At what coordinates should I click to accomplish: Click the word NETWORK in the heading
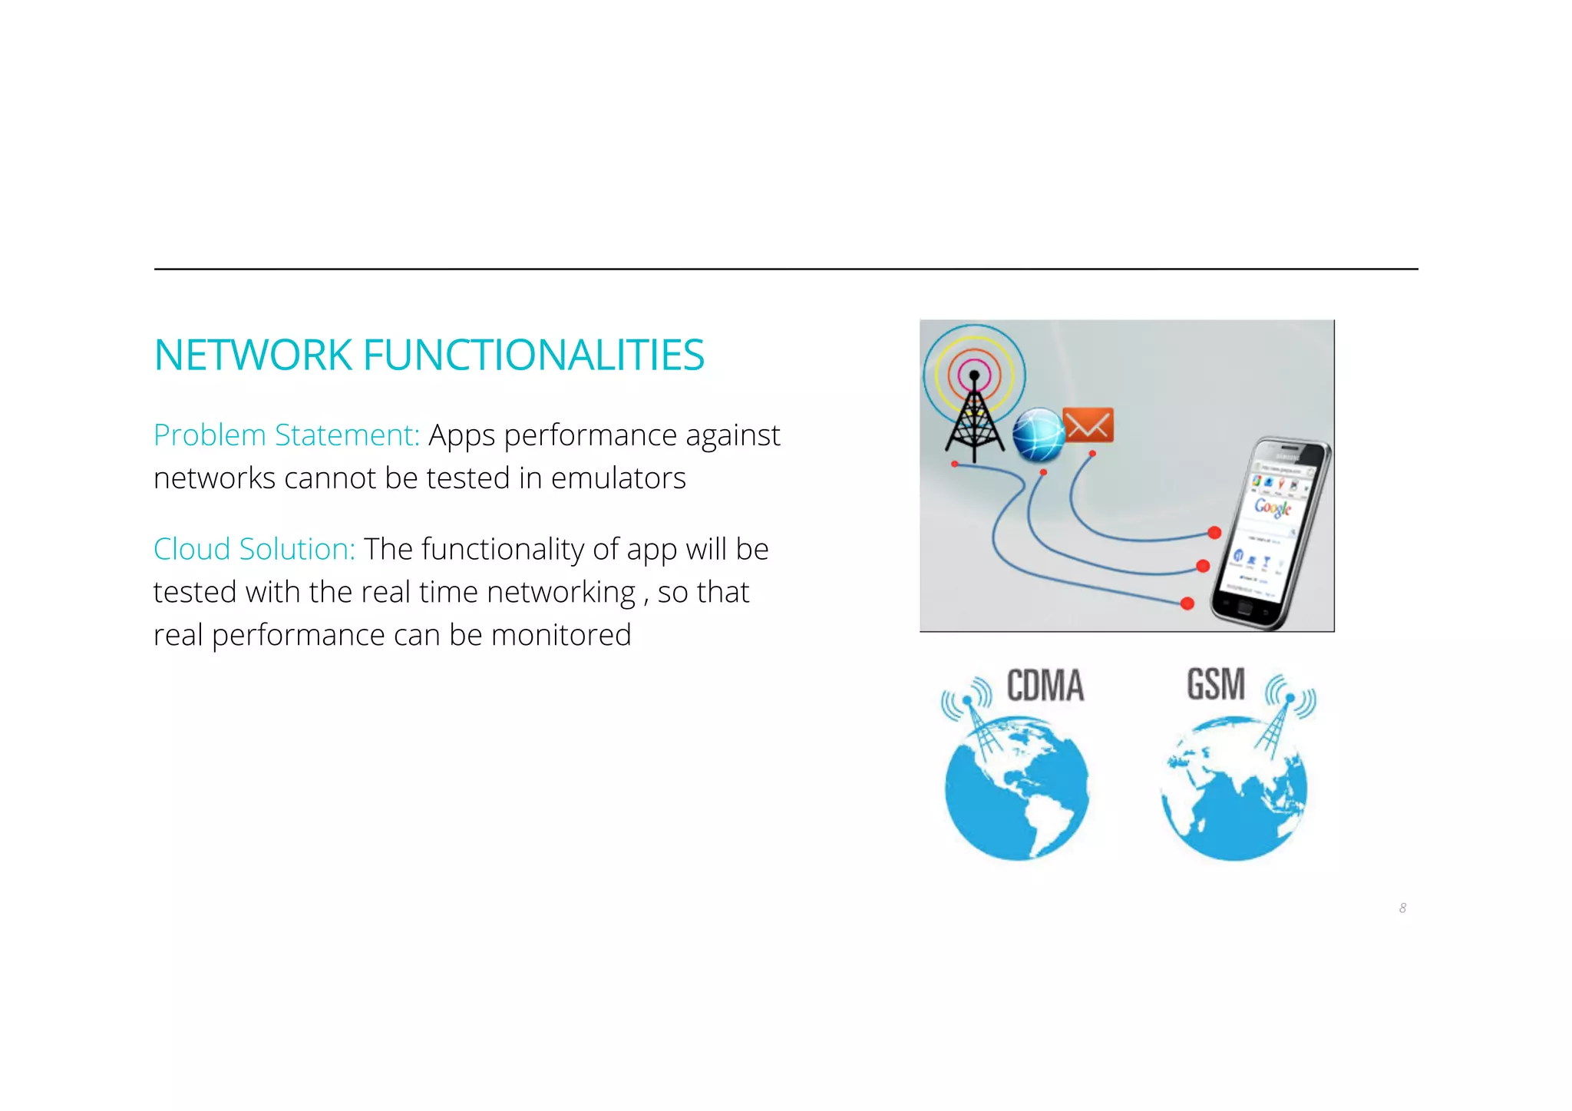click(253, 355)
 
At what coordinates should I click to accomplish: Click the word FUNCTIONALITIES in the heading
click(533, 355)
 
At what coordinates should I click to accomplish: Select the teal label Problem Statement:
click(286, 435)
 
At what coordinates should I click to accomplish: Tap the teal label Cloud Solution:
click(254, 550)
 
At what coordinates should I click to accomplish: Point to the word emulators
click(618, 478)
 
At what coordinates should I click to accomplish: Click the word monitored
click(561, 636)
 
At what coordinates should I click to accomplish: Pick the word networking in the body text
click(561, 593)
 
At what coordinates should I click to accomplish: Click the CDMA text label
click(1045, 686)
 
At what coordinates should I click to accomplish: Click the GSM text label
click(1216, 684)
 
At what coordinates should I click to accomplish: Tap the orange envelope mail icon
click(1088, 425)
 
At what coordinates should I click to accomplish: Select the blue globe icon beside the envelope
click(1038, 435)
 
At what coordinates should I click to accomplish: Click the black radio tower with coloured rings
click(974, 407)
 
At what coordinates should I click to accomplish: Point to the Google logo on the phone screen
click(1273, 507)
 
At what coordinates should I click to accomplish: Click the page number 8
click(1402, 908)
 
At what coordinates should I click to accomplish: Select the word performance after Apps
click(590, 435)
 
